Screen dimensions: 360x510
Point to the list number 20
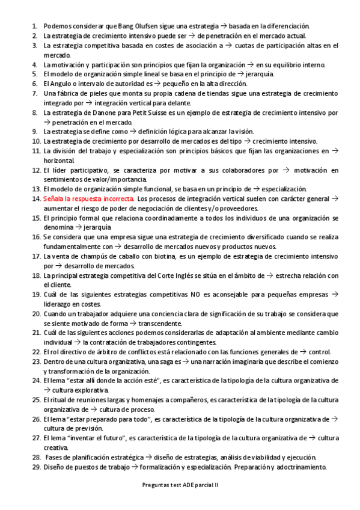coord(37,313)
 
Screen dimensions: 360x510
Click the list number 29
coord(37,466)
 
